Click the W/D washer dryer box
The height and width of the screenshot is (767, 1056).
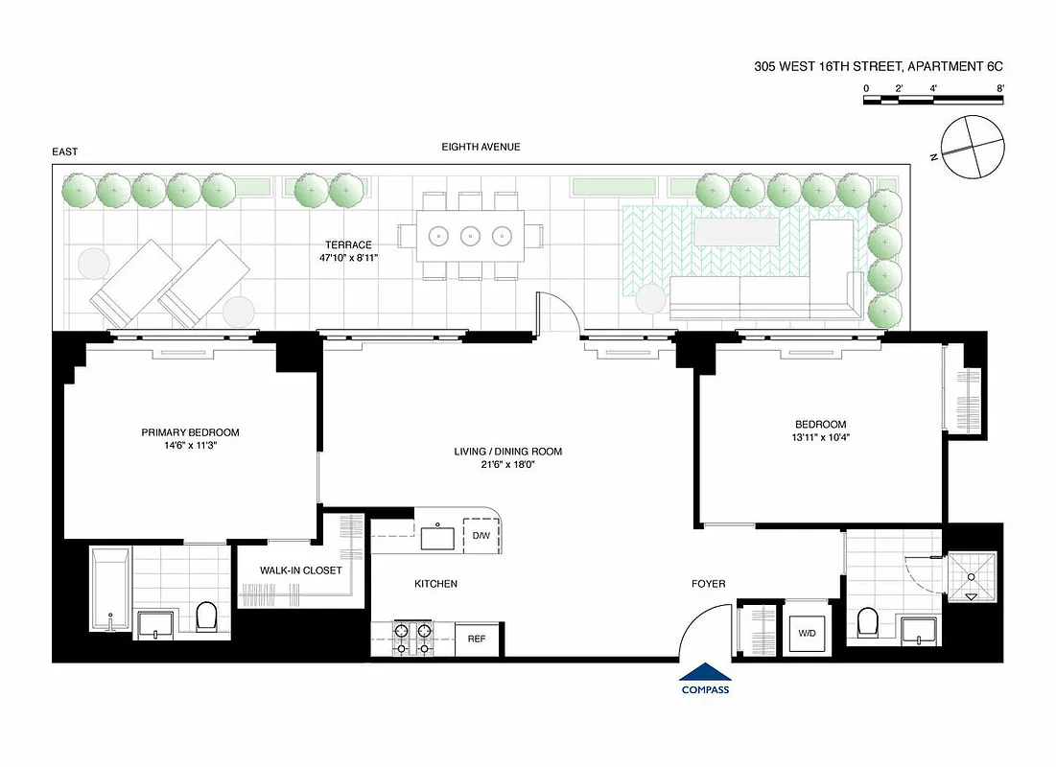coord(806,632)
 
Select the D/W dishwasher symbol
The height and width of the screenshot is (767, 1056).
coord(480,536)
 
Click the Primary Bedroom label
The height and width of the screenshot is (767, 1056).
coord(188,432)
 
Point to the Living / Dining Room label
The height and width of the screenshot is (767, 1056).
coord(507,452)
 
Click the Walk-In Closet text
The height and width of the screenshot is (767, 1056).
coord(300,570)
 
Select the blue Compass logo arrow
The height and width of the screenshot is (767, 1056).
coord(705,673)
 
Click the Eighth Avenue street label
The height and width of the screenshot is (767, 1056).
coord(481,147)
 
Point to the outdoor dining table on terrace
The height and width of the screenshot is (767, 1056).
coord(471,235)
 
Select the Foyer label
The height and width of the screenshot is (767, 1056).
coord(709,584)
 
